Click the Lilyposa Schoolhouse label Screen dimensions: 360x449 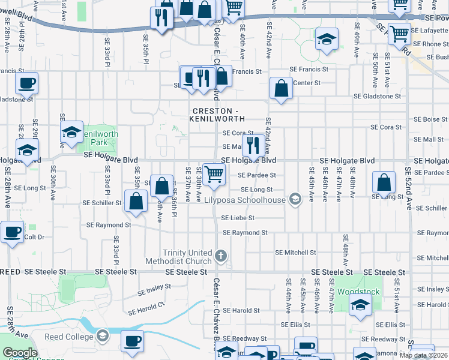click(x=244, y=199)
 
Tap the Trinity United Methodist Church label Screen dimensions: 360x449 click(x=178, y=257)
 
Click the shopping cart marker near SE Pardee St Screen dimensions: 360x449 click(x=214, y=175)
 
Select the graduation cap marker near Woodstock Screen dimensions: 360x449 click(x=360, y=304)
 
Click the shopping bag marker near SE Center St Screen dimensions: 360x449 click(x=281, y=89)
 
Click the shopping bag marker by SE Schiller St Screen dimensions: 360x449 click(x=136, y=202)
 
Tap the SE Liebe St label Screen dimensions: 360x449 click(x=238, y=218)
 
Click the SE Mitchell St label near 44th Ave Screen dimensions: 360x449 click(x=295, y=253)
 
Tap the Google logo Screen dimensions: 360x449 click(x=20, y=353)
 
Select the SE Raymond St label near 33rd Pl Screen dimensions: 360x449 click(x=109, y=225)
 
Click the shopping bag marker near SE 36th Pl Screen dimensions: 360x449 click(x=161, y=186)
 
